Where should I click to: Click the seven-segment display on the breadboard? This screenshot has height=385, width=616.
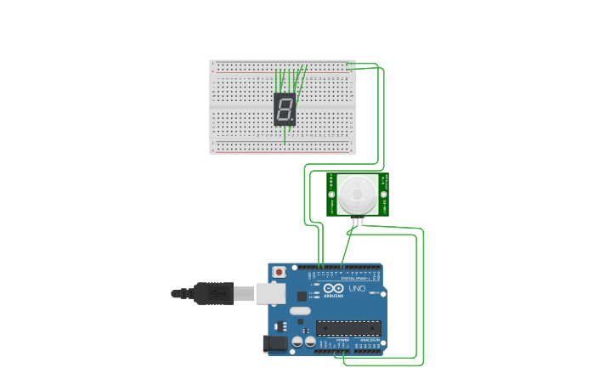pos(285,109)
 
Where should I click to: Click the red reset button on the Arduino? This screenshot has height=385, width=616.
pos(279,272)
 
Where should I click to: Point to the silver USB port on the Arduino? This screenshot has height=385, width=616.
pos(271,293)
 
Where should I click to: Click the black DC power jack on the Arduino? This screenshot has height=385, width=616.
pos(274,343)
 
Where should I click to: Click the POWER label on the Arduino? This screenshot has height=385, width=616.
pos(342,340)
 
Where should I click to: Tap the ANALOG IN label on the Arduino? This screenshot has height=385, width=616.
pos(368,340)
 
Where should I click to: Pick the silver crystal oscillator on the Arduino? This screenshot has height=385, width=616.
pos(300,311)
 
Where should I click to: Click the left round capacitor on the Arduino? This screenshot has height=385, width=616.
pos(298,342)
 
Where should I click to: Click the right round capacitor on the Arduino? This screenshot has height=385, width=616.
pos(310,342)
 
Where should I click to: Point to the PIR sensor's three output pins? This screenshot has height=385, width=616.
pos(358,222)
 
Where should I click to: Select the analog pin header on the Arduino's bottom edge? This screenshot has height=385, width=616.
pos(368,348)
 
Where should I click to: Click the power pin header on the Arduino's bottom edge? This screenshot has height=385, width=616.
pos(339,348)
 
